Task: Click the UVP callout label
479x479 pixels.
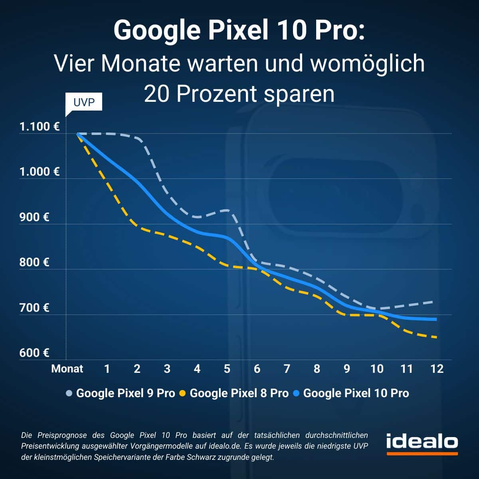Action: tap(84, 102)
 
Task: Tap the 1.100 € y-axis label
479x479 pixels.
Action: tap(40, 127)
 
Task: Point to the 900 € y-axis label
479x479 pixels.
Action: tap(34, 217)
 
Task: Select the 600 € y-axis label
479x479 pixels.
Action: tap(34, 353)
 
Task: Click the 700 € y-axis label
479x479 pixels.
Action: tap(34, 308)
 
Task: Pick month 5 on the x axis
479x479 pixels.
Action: tap(227, 368)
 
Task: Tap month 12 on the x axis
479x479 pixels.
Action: tap(437, 368)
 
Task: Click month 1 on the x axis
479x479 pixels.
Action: tap(107, 368)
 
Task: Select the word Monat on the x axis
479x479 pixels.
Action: tap(67, 368)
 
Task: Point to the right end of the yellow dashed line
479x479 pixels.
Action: tap(436, 337)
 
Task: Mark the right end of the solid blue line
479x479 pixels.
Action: tap(436, 319)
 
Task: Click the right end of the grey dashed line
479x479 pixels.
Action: tap(433, 301)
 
